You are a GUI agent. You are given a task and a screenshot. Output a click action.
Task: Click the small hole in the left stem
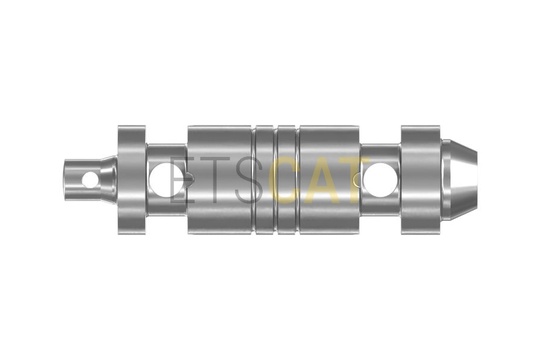(x=90, y=179)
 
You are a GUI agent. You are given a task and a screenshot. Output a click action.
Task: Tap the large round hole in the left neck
(x=161, y=179)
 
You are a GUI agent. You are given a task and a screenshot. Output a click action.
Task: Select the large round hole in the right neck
(x=378, y=179)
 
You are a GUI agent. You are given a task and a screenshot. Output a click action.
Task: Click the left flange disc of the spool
(x=132, y=180)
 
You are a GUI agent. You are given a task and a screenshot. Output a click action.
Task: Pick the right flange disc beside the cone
(x=421, y=180)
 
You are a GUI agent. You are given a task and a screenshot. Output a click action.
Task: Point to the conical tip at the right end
(x=459, y=179)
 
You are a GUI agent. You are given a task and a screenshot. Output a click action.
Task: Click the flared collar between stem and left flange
(x=108, y=179)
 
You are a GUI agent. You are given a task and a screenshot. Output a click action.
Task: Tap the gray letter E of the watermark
(x=182, y=179)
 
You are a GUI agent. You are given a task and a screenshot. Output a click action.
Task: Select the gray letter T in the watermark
(x=216, y=179)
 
